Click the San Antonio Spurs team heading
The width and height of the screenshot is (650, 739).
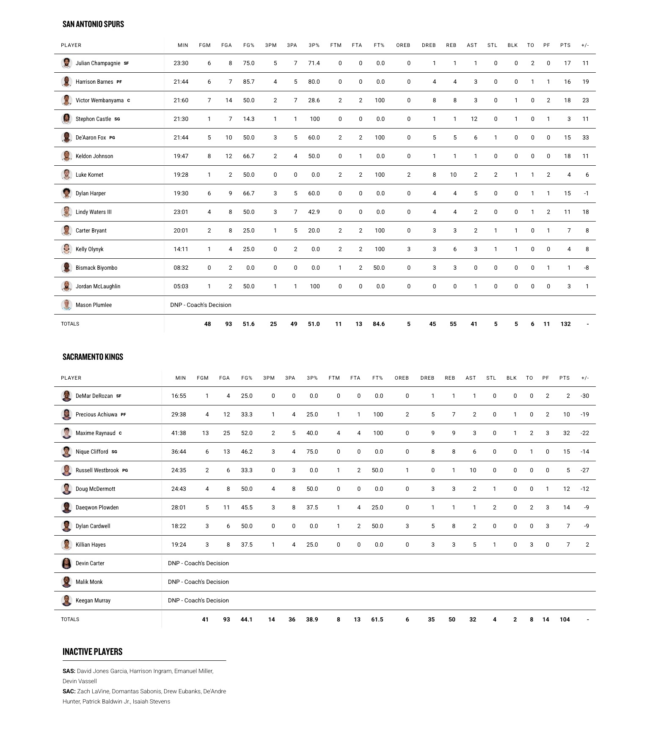(x=93, y=24)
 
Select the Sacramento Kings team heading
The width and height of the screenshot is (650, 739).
(x=93, y=357)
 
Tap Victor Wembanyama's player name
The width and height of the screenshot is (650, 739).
(x=99, y=100)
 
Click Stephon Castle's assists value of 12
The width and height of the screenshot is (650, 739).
(x=474, y=119)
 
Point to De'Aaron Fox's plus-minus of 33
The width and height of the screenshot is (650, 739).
(x=585, y=137)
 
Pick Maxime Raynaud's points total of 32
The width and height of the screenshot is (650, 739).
(x=566, y=433)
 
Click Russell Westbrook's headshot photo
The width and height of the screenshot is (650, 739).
(x=66, y=470)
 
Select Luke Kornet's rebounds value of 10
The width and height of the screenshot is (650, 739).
(x=453, y=175)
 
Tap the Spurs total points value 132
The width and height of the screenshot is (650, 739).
(x=565, y=324)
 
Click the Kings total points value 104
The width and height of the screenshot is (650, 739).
(x=565, y=619)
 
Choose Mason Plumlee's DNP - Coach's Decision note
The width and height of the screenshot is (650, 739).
(x=201, y=305)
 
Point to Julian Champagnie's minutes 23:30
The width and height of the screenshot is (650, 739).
(x=181, y=63)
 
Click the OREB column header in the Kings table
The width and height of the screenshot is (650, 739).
(x=402, y=378)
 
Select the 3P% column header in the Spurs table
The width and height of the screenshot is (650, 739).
(x=314, y=45)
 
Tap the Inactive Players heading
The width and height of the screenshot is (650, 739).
(x=92, y=651)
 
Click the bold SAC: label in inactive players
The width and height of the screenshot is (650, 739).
(x=69, y=691)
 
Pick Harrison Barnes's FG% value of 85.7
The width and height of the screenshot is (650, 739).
(x=249, y=82)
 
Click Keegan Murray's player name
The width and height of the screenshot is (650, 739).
(x=93, y=600)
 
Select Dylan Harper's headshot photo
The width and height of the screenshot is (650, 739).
(x=66, y=193)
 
